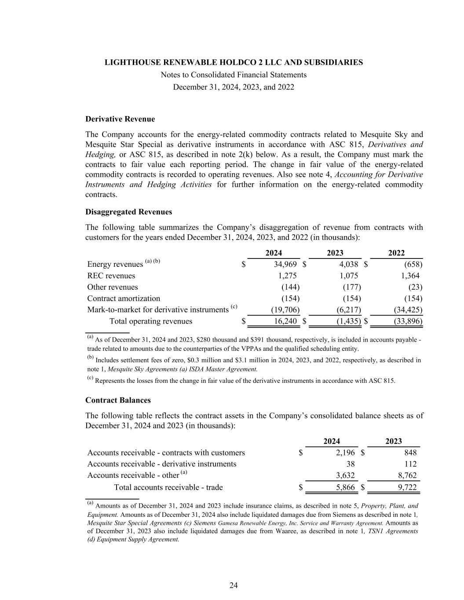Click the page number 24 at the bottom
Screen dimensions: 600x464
234,585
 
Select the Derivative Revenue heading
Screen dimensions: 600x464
120,119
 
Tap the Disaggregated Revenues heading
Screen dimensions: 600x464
128,212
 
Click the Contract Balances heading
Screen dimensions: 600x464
118,400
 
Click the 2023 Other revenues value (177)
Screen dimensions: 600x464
352,287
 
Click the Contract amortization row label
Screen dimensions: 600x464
124,298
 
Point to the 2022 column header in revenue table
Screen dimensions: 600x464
396,253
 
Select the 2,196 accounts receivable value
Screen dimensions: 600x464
346,453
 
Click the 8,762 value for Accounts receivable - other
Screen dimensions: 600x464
407,475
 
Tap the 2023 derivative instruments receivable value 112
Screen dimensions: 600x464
410,464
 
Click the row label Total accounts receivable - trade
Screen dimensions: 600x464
168,487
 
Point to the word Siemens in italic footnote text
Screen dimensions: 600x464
205,523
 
